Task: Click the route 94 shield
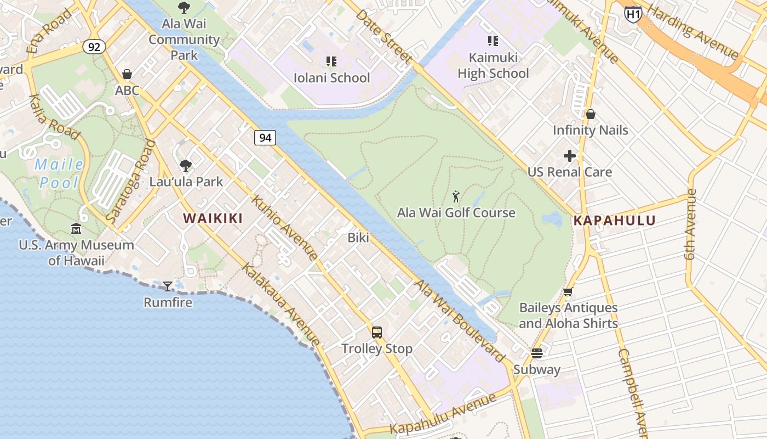(x=265, y=138)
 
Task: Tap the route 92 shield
(x=94, y=47)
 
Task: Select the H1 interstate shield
(x=633, y=14)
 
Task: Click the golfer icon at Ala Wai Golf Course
(x=456, y=196)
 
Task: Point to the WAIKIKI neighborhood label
(x=213, y=218)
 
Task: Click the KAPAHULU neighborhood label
(x=614, y=221)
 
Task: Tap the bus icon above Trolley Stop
(x=377, y=332)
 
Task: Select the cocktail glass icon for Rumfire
(x=168, y=286)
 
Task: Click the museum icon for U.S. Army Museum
(x=76, y=228)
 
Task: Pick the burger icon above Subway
(x=537, y=353)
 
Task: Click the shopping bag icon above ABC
(x=127, y=74)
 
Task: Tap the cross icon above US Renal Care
(x=570, y=156)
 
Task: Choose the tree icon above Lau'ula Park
(x=186, y=165)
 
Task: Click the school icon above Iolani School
(x=331, y=61)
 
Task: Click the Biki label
(x=358, y=238)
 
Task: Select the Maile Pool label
(x=59, y=173)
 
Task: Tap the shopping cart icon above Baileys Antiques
(x=568, y=292)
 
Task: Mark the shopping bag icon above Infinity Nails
(x=591, y=114)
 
